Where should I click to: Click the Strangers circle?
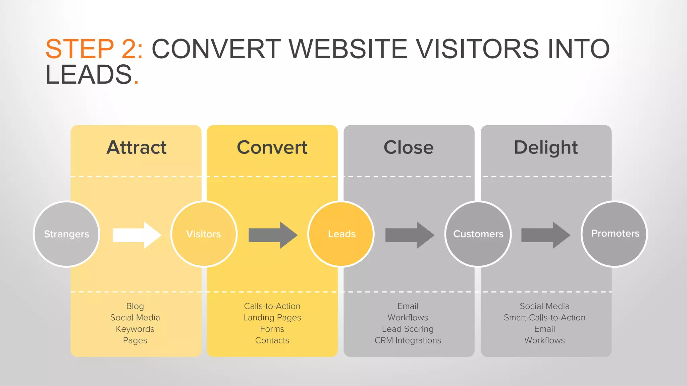click(x=66, y=234)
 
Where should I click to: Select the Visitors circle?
click(x=204, y=234)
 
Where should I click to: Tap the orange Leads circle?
click(x=341, y=234)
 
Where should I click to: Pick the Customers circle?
click(x=478, y=234)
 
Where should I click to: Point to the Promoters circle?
click(x=615, y=234)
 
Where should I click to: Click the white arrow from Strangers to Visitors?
click(x=137, y=235)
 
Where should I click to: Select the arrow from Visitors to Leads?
click(x=273, y=235)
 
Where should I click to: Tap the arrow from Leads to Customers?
click(x=410, y=235)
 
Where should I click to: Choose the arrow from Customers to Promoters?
click(x=545, y=235)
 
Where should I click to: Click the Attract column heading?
click(x=137, y=147)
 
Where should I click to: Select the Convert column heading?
click(x=272, y=147)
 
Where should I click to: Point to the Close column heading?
click(x=408, y=147)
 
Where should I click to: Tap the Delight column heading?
click(x=546, y=147)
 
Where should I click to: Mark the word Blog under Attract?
click(x=135, y=306)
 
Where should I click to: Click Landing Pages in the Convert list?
click(x=272, y=317)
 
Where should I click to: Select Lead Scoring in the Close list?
click(x=408, y=329)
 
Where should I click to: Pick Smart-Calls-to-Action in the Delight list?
click(x=544, y=317)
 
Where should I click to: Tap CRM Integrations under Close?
click(x=408, y=340)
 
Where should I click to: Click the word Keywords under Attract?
click(x=135, y=329)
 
